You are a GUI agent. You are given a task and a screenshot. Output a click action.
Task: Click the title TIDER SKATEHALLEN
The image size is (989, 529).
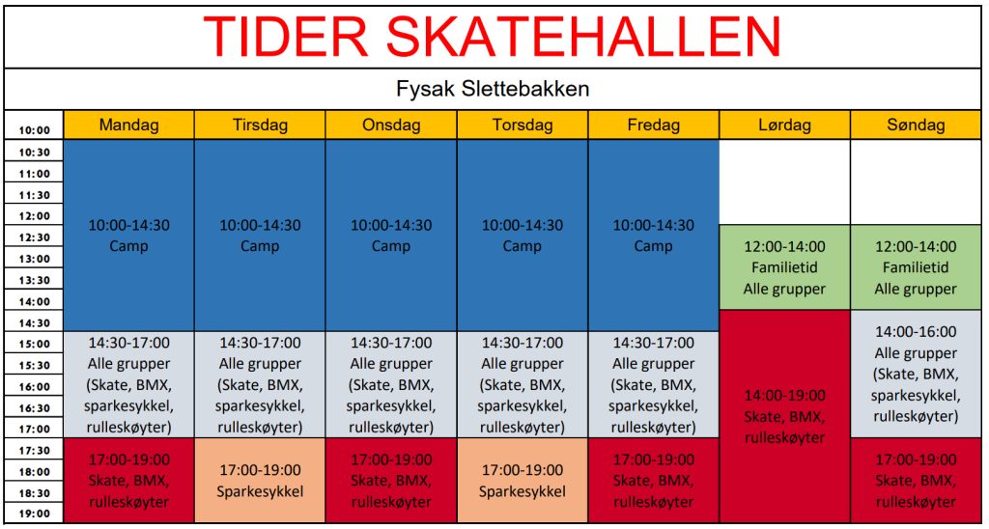(492, 36)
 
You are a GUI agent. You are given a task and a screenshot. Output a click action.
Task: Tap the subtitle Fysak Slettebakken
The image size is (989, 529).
(493, 89)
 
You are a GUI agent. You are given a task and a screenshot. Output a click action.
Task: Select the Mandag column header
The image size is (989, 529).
(128, 125)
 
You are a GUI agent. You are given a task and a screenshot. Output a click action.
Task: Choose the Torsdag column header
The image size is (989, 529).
(523, 125)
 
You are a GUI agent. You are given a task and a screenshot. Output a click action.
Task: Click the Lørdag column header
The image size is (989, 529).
(784, 125)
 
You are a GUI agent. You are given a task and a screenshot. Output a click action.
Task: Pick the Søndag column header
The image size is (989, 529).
(916, 125)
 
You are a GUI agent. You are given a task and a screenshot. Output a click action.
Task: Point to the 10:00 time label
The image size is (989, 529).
(34, 131)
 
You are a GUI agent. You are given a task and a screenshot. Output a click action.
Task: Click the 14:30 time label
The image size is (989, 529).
(34, 322)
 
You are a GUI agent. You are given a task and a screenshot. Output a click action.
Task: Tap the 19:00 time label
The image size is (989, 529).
(34, 514)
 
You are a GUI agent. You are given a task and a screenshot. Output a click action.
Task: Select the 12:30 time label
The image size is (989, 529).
(34, 237)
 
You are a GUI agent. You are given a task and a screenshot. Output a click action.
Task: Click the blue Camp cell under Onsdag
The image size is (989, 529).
(391, 236)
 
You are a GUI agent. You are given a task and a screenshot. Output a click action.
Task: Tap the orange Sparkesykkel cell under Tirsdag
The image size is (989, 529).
(260, 481)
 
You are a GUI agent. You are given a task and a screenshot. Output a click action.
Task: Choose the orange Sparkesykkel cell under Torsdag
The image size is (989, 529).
(523, 481)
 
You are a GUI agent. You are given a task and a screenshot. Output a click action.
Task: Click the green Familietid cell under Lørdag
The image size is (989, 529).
(784, 267)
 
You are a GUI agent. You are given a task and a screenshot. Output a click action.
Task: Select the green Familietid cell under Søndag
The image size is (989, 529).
(916, 267)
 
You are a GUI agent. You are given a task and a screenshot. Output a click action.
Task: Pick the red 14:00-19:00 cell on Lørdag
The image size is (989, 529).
(784, 416)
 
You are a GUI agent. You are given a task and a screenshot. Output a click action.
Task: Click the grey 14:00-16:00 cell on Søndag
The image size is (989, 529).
(916, 374)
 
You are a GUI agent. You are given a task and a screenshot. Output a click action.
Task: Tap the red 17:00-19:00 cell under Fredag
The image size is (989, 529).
(654, 481)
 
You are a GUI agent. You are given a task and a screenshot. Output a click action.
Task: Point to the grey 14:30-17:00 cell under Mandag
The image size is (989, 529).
(128, 384)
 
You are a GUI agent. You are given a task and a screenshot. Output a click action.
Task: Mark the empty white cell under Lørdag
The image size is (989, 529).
(784, 181)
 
